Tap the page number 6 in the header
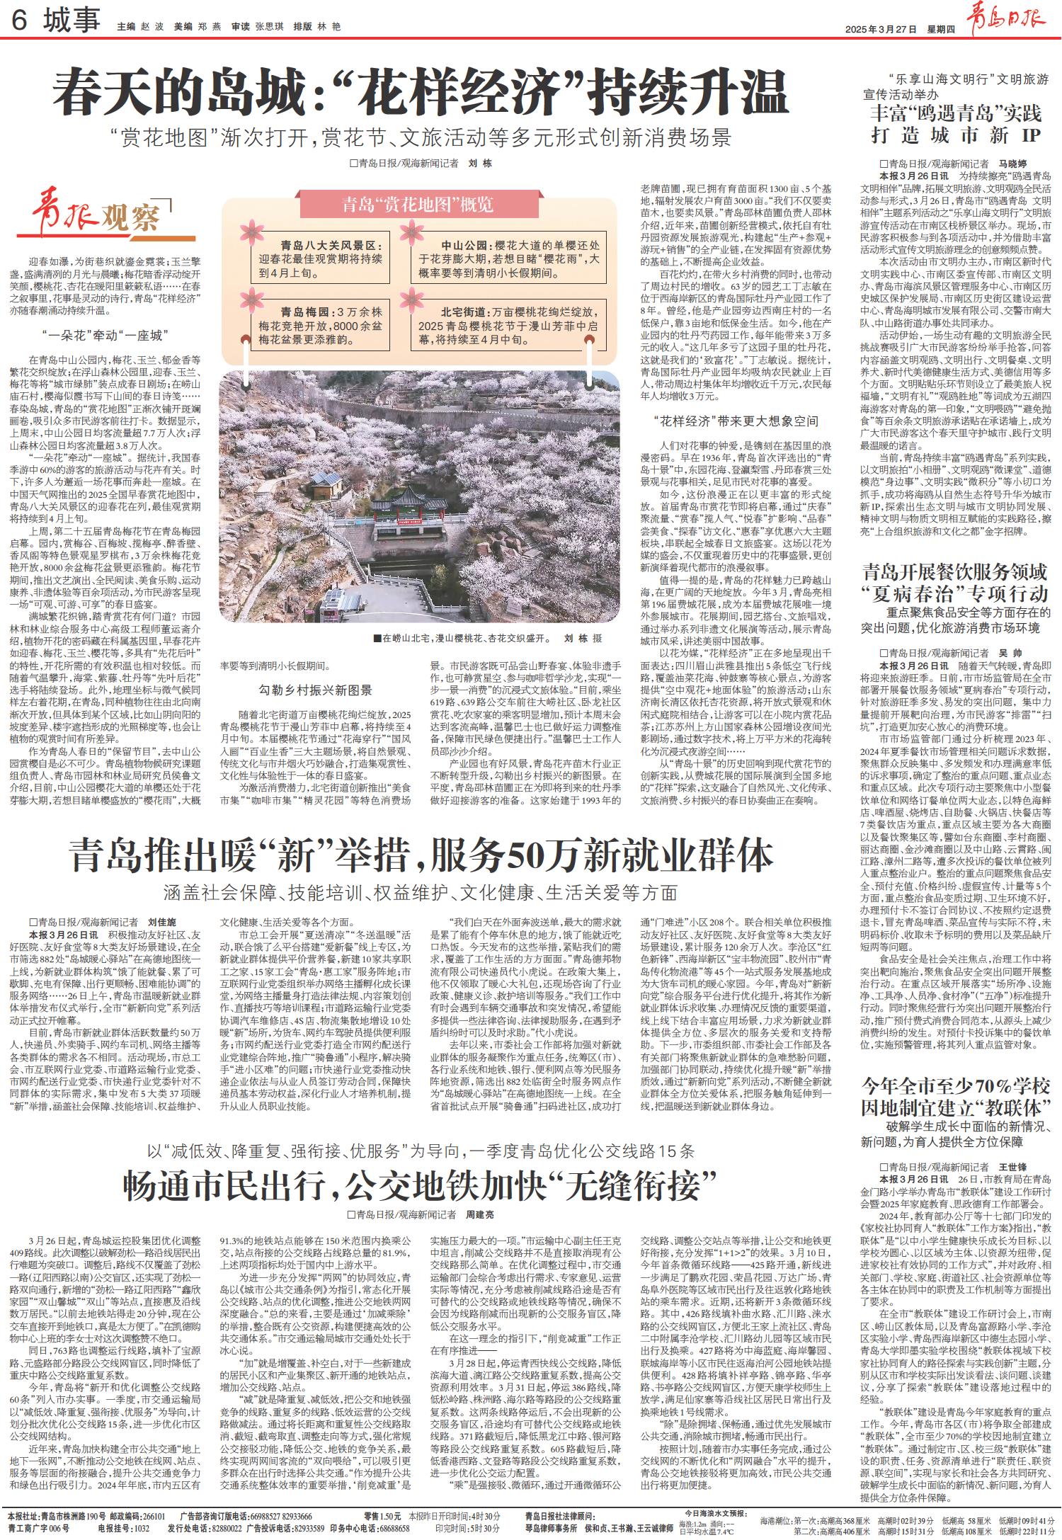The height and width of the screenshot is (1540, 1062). [x=19, y=23]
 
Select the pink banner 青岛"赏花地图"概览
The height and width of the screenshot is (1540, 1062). [x=418, y=206]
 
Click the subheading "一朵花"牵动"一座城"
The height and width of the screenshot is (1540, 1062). [x=101, y=335]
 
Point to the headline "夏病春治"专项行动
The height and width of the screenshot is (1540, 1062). [x=956, y=592]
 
